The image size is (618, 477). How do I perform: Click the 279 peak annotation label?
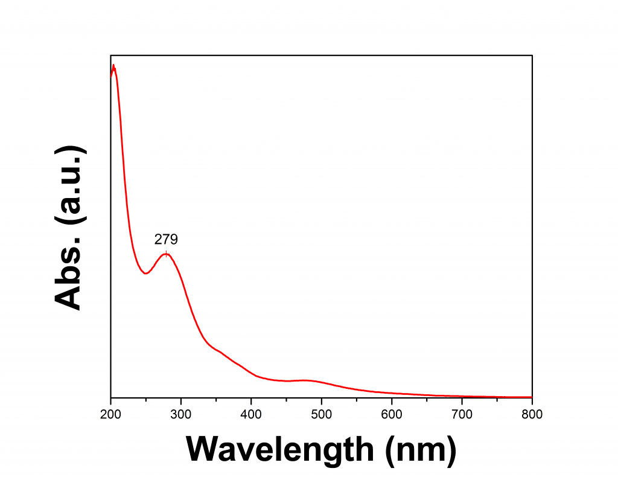point(166,240)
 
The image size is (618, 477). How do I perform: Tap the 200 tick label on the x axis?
point(111,414)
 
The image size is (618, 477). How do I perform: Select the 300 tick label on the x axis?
point(181,414)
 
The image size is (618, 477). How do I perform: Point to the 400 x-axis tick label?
point(251,414)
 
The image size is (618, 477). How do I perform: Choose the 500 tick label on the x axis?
point(322,414)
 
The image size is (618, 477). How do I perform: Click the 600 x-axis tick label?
point(392,414)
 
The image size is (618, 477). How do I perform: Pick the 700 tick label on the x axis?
point(462,414)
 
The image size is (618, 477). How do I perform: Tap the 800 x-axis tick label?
point(532,414)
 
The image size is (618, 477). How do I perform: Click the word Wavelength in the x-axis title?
point(280,449)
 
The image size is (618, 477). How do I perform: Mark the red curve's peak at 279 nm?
point(167,254)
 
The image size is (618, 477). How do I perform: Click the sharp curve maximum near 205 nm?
point(113,65)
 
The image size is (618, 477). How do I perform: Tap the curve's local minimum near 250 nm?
point(145,274)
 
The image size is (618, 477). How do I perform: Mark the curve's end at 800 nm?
point(531,397)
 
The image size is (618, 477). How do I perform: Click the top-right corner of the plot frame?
point(532,56)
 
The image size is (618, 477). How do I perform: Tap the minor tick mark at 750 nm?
point(497,395)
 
